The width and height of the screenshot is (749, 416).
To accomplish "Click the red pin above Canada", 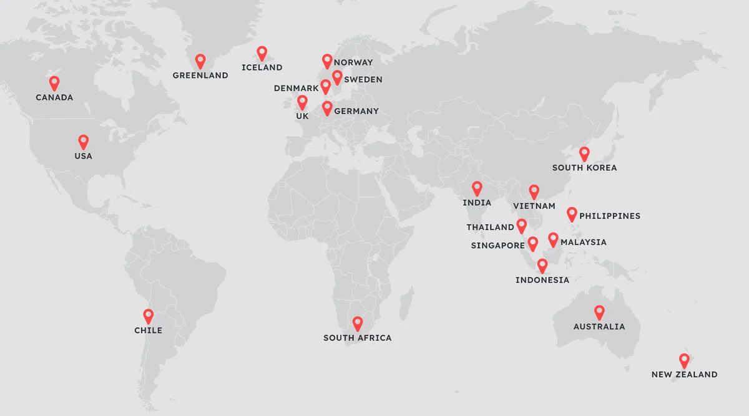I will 54,82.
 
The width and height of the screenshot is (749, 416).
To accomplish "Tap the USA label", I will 83,156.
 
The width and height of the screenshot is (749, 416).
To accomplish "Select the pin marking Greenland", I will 200,60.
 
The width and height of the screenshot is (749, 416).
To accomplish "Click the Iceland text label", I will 262,67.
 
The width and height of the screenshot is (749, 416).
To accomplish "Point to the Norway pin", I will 327,60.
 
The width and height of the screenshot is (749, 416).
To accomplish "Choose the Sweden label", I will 363,80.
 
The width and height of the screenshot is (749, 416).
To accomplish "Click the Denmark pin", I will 325,86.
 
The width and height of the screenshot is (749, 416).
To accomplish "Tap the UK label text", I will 302,116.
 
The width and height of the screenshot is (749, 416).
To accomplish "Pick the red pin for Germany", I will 327,108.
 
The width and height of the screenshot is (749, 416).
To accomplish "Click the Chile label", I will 148,331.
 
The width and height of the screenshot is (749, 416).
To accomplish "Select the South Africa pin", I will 358,323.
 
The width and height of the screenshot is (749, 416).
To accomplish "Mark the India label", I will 477,203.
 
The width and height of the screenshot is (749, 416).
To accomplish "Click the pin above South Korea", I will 584,153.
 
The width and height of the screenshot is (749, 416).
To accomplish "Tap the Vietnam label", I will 534,206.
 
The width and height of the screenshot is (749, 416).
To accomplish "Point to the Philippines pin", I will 572,214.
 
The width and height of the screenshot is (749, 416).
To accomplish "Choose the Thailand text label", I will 490,228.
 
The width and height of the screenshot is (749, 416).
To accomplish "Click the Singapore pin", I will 532,243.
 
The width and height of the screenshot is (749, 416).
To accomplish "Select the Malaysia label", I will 583,243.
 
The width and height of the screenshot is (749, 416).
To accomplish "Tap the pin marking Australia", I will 599,311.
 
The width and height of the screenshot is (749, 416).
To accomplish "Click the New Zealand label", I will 684,375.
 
